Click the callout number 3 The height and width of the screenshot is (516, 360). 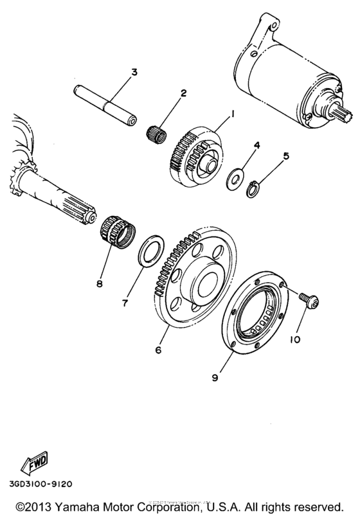pos(134,72)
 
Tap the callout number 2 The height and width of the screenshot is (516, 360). pos(183,94)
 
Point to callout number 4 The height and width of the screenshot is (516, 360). pos(256,147)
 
